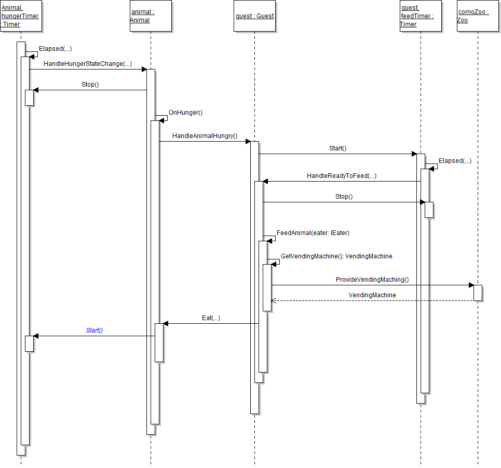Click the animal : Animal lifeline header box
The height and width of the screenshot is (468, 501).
[x=151, y=16]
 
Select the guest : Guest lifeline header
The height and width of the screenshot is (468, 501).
[x=254, y=16]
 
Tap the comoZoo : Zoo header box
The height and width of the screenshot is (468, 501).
[x=478, y=16]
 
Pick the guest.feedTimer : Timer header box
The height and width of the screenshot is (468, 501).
[x=421, y=16]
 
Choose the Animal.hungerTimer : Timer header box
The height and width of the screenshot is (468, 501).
[x=21, y=16]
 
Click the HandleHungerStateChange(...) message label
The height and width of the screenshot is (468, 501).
[x=88, y=64]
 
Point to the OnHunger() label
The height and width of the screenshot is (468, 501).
[x=185, y=112]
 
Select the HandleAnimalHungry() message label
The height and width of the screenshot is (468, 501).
[x=205, y=136]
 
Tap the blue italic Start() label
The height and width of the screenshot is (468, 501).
[x=94, y=331]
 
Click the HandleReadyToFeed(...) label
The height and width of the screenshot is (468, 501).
[x=342, y=176]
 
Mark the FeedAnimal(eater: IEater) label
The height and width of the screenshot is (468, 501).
[x=313, y=233]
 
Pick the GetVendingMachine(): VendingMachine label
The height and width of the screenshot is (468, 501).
[x=336, y=256]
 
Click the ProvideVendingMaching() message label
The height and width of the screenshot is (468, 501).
[x=372, y=280]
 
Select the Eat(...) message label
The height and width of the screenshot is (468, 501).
[x=211, y=318]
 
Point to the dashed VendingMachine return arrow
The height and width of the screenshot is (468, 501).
[x=372, y=300]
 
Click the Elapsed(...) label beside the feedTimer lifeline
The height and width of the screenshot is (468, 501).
[x=455, y=161]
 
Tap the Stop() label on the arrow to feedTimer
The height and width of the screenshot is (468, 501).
[x=344, y=197]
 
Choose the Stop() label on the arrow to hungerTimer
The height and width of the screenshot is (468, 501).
[x=90, y=85]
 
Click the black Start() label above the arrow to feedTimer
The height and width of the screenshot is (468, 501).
[x=337, y=148]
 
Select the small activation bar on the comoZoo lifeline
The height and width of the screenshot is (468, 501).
[x=478, y=293]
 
